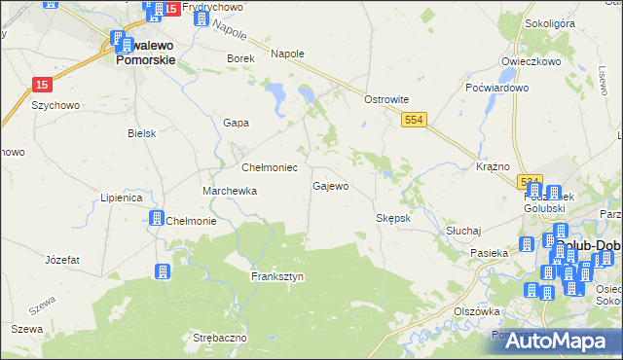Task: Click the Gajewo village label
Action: pos(330,185)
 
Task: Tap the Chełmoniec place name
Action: pos(262,167)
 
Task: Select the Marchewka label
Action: pos(230,191)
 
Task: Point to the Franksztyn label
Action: pos(277,276)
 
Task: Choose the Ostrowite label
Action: pos(385,99)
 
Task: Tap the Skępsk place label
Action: pos(394,218)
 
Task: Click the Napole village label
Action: pos(287,54)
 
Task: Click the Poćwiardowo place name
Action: pos(496,88)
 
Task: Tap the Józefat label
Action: pos(62,260)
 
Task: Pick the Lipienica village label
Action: pos(122,198)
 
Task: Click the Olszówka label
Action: pos(477,311)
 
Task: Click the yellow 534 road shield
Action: pos(530,182)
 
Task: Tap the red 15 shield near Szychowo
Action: pos(41,85)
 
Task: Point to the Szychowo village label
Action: pos(55,104)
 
